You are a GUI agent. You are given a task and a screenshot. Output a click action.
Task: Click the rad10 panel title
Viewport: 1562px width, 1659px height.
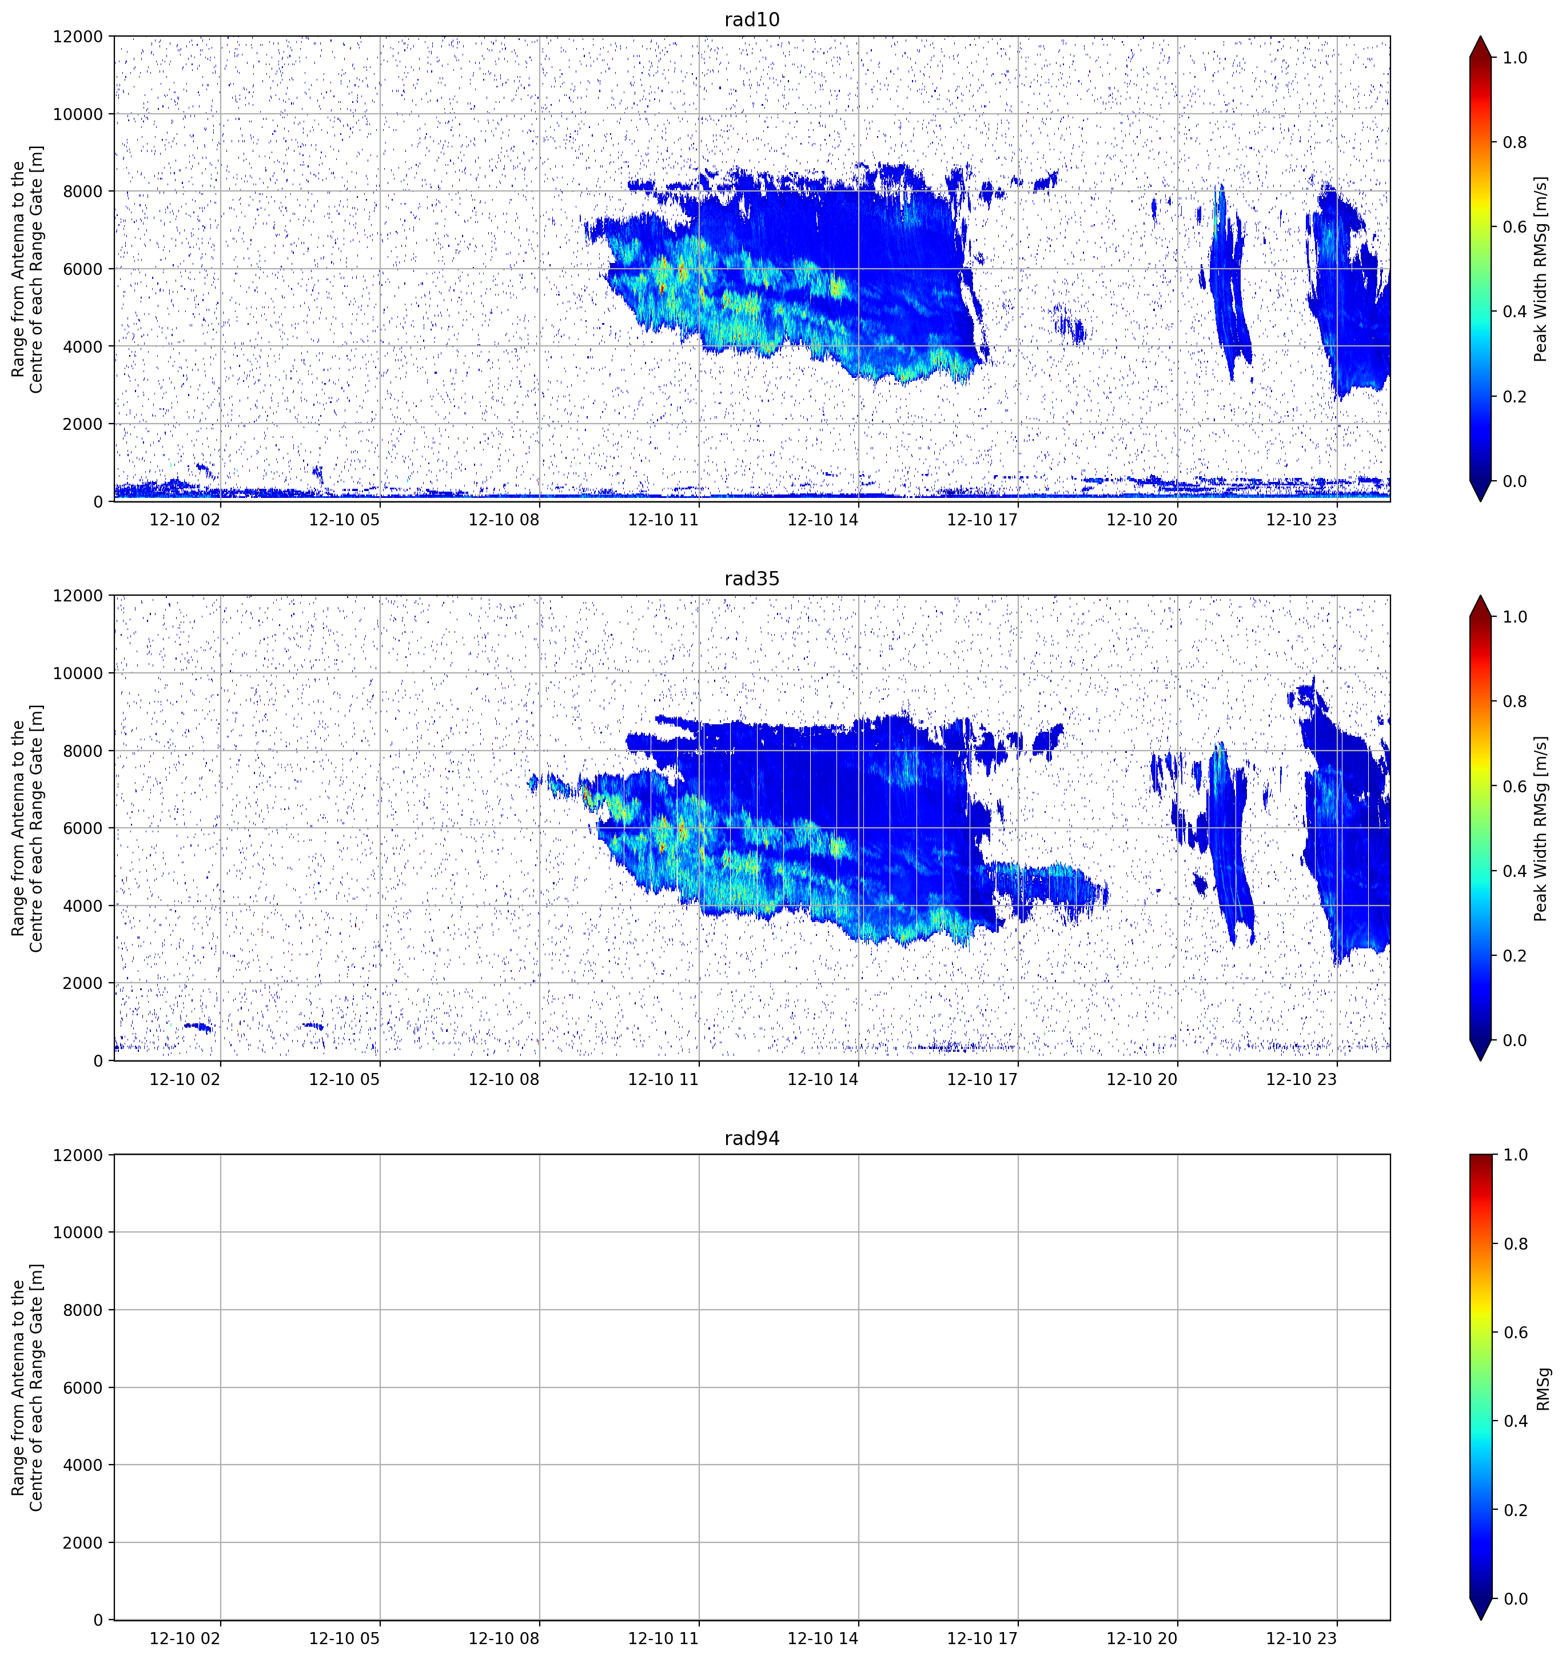click(752, 19)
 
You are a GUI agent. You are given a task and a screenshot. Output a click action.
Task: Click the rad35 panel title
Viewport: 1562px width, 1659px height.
click(752, 579)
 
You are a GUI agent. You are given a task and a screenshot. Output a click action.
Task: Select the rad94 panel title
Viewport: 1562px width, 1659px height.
click(752, 1138)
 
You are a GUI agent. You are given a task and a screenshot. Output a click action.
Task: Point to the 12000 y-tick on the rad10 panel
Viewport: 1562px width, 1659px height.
click(78, 37)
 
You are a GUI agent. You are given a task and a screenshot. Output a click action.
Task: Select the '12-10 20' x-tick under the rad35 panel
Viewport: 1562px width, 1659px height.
click(1142, 1079)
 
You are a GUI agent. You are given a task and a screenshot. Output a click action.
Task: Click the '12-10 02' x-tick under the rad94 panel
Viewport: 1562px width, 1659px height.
click(185, 1638)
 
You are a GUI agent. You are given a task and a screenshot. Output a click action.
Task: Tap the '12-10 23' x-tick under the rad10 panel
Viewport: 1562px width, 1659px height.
click(1302, 520)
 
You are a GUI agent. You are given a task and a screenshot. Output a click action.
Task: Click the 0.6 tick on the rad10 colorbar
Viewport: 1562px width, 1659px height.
click(1515, 227)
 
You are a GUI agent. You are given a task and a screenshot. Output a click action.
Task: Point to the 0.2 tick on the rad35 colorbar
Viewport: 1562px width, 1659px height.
click(1515, 955)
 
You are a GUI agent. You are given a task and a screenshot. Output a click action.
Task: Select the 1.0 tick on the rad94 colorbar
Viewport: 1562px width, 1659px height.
click(1515, 1155)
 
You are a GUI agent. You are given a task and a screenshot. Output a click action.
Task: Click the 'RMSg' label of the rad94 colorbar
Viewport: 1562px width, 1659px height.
click(1544, 1388)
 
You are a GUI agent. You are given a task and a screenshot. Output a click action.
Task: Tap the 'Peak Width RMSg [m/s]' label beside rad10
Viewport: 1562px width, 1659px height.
click(1541, 269)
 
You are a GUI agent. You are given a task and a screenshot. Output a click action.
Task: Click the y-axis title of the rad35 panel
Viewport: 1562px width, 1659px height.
click(27, 828)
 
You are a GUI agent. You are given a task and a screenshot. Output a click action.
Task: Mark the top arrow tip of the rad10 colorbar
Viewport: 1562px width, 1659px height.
click(1481, 37)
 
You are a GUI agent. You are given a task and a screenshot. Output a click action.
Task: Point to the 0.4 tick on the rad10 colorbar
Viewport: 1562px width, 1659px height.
click(1515, 311)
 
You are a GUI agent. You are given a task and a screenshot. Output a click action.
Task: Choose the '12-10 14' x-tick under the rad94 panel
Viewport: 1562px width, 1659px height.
click(823, 1638)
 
